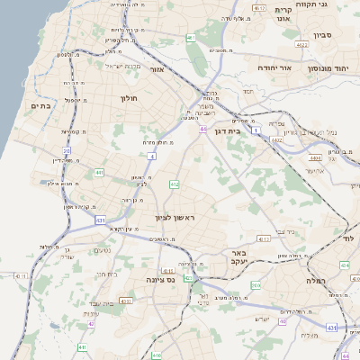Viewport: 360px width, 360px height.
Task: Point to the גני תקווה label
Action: (x=331, y=5)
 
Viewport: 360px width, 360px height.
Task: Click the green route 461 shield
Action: (x=191, y=38)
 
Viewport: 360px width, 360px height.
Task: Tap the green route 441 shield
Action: (x=99, y=172)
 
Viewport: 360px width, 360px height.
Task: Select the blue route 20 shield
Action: (x=67, y=150)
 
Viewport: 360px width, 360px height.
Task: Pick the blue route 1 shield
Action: (x=256, y=130)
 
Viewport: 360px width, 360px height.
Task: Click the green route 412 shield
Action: (x=175, y=184)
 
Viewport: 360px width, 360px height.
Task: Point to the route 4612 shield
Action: (x=259, y=8)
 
